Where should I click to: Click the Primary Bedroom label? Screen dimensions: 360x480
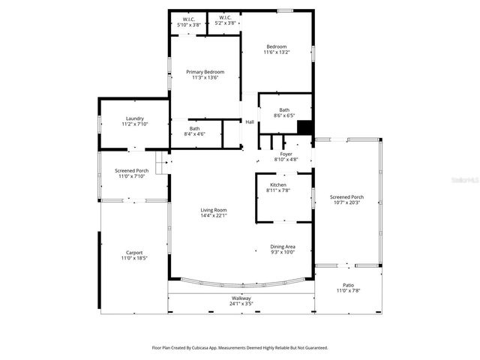[x=205, y=71]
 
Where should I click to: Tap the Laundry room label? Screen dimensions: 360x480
[x=135, y=118]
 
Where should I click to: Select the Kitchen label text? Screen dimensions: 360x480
[x=278, y=184]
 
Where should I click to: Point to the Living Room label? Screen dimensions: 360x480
[x=214, y=210]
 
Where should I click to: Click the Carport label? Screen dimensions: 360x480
[x=134, y=253]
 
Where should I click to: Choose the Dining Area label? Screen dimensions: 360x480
[x=283, y=247]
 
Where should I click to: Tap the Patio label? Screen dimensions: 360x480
[x=348, y=285]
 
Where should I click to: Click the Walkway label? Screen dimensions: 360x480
[x=241, y=298]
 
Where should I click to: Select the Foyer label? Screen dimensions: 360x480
[x=286, y=153]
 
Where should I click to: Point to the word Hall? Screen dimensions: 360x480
[x=250, y=122]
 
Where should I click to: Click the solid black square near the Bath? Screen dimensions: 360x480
[x=304, y=127]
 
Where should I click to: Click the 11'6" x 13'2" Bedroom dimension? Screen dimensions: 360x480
[x=276, y=52]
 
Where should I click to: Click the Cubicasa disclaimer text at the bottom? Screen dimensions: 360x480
[x=240, y=347]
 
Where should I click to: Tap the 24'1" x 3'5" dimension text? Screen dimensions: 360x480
[x=241, y=304]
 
